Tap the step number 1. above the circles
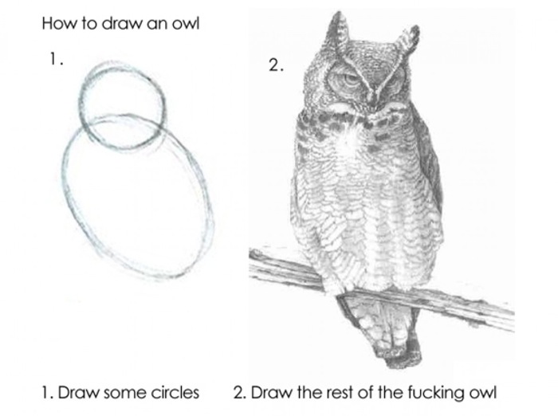53,59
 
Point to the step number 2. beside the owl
275,66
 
